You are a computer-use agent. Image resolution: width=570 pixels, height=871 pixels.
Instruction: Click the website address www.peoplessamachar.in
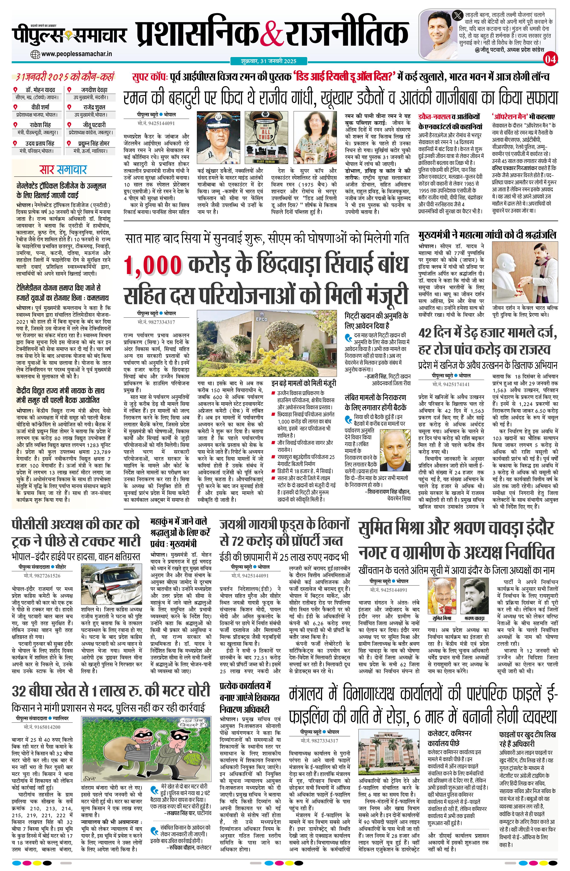76,54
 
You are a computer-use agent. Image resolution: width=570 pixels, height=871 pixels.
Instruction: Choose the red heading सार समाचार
63,170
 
